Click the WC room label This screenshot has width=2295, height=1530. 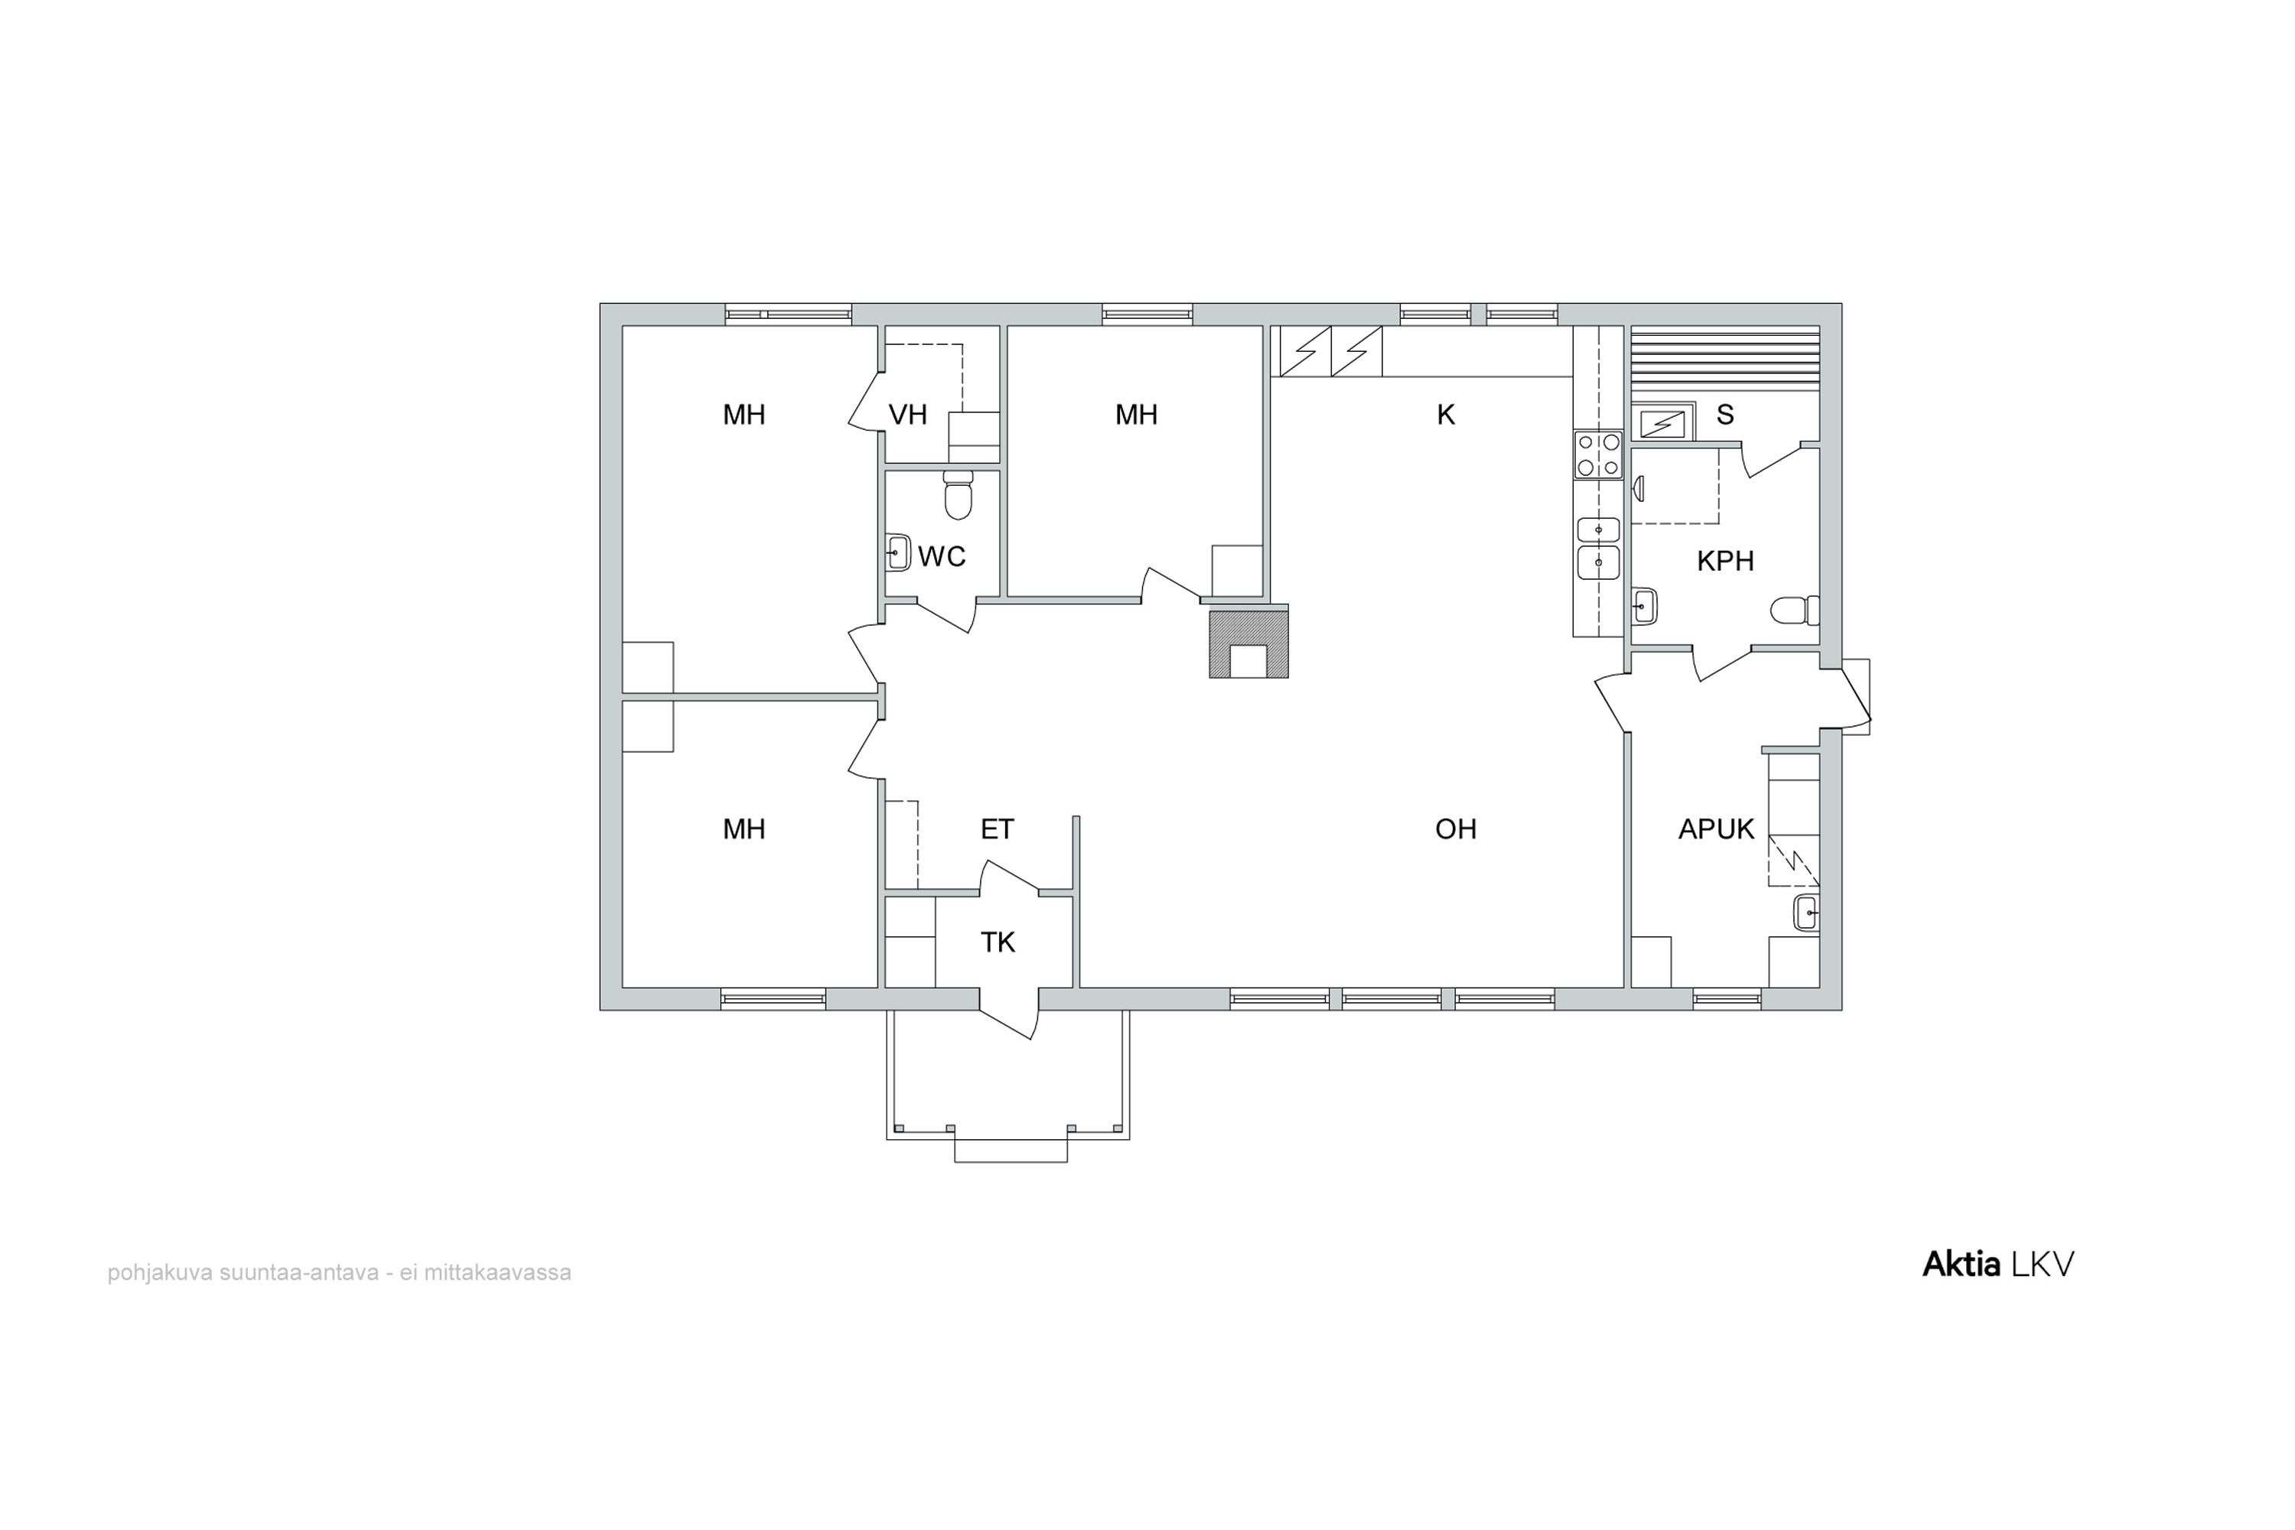[x=942, y=557]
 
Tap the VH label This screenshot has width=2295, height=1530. [x=907, y=415]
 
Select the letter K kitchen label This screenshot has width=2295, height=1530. [x=1446, y=415]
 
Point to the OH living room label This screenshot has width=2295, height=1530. [x=1456, y=829]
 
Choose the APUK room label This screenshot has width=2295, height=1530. [x=1717, y=829]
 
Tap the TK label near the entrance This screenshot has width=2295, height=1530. [x=998, y=942]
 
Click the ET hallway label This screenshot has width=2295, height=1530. [x=998, y=829]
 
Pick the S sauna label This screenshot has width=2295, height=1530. [x=1725, y=415]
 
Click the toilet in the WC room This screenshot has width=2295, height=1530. [x=959, y=496]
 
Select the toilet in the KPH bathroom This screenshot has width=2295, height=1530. [x=1795, y=610]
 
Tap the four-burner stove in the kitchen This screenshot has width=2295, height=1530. [x=1598, y=454]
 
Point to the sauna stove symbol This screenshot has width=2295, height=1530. [x=1662, y=425]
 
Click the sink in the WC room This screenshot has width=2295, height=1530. [x=897, y=553]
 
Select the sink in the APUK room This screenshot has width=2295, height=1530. [x=1806, y=913]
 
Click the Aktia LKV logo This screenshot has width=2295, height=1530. [x=1997, y=1265]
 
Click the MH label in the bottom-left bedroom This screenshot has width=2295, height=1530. [x=744, y=829]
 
